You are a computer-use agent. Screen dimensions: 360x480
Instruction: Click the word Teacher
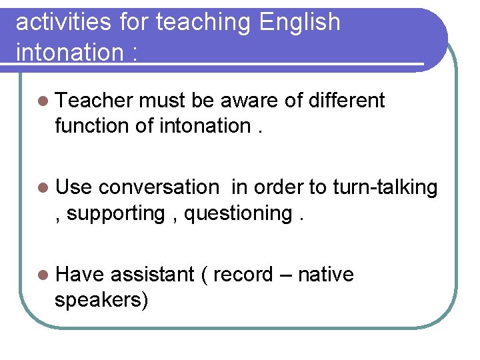tap(95, 101)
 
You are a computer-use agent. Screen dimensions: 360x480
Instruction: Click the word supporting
tap(115, 213)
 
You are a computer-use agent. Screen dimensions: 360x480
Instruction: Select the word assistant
tap(152, 275)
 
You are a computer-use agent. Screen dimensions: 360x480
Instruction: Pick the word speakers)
tap(101, 299)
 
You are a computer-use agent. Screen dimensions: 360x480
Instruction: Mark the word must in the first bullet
tap(164, 101)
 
